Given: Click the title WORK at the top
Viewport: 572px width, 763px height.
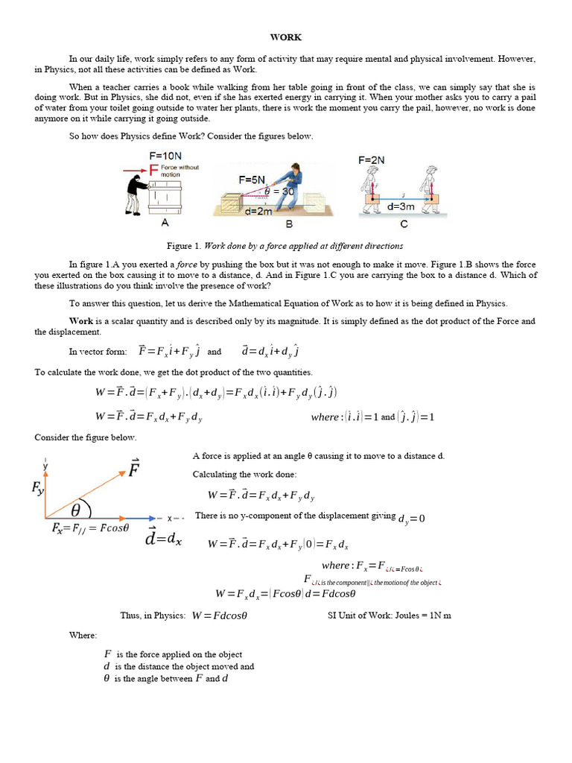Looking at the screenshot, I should point(285,37).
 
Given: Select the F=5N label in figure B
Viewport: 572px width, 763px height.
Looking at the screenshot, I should point(252,180).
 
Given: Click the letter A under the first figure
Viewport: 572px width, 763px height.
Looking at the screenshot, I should point(165,223).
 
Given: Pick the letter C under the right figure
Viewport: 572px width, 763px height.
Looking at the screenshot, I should point(403,223).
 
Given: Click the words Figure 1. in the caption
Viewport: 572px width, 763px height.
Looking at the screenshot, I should point(184,245).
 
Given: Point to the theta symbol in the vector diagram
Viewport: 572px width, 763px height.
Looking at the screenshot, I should point(76,510).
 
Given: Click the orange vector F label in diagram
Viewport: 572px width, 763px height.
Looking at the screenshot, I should point(135,471).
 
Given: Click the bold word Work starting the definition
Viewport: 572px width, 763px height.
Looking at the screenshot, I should point(81,321).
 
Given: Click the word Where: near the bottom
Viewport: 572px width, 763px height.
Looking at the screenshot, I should point(83,635).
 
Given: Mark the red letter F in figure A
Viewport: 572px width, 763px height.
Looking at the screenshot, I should point(153,171).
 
